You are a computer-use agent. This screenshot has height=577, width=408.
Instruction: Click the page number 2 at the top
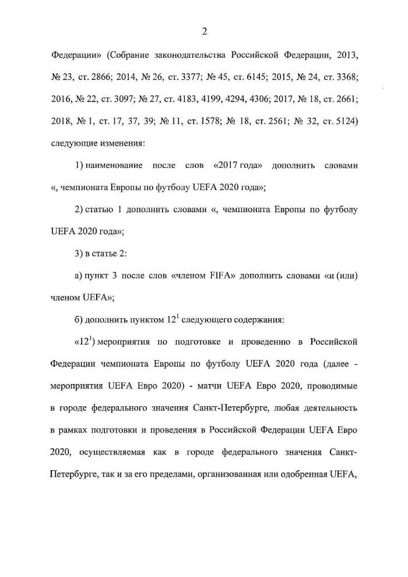click(x=204, y=31)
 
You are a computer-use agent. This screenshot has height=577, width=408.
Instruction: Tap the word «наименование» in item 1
click(x=114, y=166)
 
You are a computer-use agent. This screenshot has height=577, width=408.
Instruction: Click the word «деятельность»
click(x=328, y=408)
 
